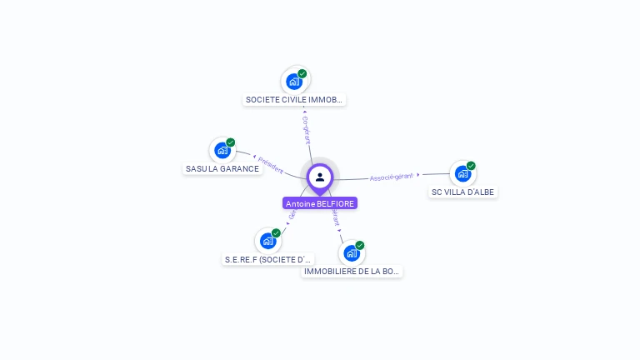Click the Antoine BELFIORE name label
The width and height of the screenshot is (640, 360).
click(x=320, y=203)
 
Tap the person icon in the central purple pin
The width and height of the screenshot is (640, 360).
click(x=320, y=177)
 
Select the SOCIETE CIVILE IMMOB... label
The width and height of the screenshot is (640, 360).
click(x=294, y=100)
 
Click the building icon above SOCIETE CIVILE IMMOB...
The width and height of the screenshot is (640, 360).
click(x=294, y=82)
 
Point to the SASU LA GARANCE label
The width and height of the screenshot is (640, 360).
click(x=222, y=168)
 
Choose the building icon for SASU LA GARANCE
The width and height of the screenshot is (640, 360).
click(x=222, y=150)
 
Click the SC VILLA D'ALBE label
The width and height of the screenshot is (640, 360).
click(x=462, y=192)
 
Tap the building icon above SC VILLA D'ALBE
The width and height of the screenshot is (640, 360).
click(x=462, y=173)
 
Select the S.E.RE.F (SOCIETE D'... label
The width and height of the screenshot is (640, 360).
click(x=268, y=259)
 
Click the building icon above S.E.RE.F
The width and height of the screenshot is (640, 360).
click(x=267, y=241)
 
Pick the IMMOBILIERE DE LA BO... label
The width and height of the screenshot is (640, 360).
click(x=352, y=271)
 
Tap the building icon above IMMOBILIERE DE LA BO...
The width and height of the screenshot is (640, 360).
click(x=351, y=252)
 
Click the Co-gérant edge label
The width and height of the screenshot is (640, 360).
click(x=306, y=130)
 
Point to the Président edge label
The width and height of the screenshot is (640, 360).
click(x=270, y=164)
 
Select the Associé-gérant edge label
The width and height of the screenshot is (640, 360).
click(x=392, y=177)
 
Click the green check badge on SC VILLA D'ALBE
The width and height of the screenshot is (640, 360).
click(x=471, y=166)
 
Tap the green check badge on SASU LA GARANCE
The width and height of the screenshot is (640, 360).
click(x=231, y=142)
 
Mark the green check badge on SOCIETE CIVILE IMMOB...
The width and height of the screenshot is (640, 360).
click(x=302, y=73)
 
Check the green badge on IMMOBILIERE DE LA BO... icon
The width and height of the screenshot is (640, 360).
click(x=360, y=245)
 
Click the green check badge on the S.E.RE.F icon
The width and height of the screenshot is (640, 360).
click(x=276, y=233)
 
